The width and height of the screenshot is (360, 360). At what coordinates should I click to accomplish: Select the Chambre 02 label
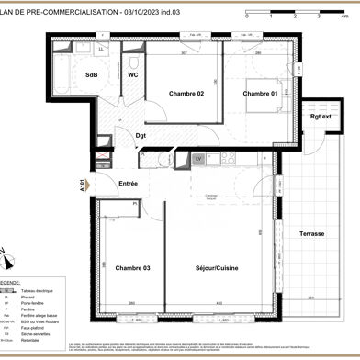tap(186, 94)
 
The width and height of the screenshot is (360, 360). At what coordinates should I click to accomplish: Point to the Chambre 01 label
tap(260, 94)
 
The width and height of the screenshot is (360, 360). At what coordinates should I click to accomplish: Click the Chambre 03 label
tap(132, 267)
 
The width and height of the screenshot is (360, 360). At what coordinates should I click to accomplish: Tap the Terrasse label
tap(312, 234)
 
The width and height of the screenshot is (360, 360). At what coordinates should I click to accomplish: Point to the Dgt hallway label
tap(141, 136)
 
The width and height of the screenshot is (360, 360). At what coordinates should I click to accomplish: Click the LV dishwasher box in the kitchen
tap(197, 159)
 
